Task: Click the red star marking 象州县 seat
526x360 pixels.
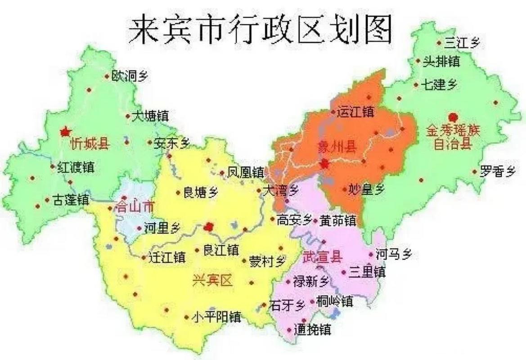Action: pos(324,165)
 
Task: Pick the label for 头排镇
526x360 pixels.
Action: pos(441,62)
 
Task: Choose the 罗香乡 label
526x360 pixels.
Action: pos(497,171)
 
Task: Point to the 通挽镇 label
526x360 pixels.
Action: pos(312,330)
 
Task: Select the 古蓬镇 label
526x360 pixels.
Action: pos(71,200)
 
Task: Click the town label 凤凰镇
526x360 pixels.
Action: pos(245,172)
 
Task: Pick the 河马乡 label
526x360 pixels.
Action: pos(393,254)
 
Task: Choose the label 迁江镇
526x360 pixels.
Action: pos(166,257)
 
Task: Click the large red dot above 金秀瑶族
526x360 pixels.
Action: pos(453,117)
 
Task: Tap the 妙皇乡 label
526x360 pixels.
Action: pos(367,190)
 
